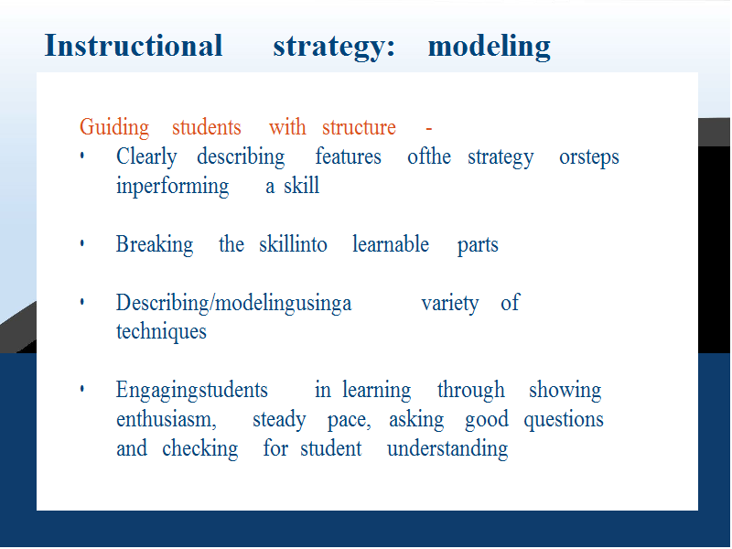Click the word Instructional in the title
click(x=134, y=46)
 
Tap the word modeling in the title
click(x=490, y=48)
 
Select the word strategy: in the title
click(x=334, y=48)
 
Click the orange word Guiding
click(x=114, y=127)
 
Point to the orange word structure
click(x=359, y=127)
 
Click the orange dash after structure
click(x=429, y=128)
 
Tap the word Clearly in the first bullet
click(x=146, y=156)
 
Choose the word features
click(x=349, y=156)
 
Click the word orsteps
click(x=589, y=157)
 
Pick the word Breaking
click(x=155, y=244)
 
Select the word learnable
click(x=391, y=244)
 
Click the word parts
click(x=478, y=245)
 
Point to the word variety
click(x=450, y=304)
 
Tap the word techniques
click(x=161, y=332)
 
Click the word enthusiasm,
click(x=167, y=419)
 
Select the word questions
click(x=564, y=420)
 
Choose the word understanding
click(x=447, y=448)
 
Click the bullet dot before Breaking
click(x=82, y=243)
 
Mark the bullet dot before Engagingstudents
click(x=82, y=389)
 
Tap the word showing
click(x=565, y=391)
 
